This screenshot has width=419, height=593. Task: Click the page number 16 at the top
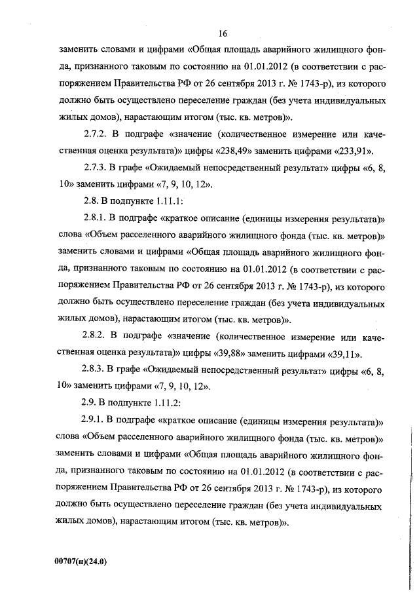(x=223, y=34)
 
